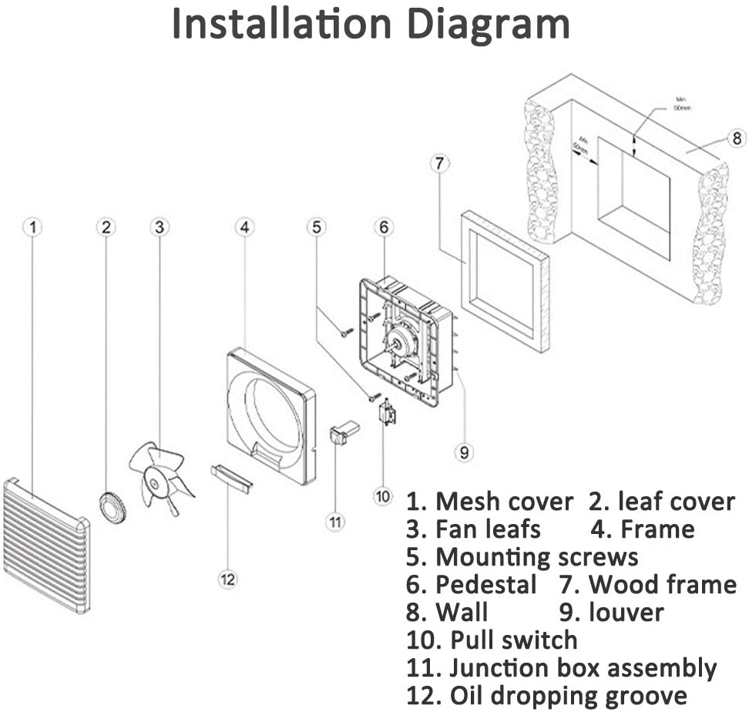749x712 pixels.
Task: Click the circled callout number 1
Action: (32, 227)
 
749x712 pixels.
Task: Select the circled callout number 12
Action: (227, 579)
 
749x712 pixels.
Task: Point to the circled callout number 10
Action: (383, 496)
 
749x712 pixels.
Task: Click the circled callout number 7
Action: (438, 164)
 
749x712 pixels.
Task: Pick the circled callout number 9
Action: (463, 452)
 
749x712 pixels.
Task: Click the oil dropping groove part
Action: (231, 479)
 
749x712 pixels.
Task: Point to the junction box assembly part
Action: (344, 433)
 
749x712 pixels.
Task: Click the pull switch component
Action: (387, 413)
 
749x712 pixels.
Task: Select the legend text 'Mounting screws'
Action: (536, 556)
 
